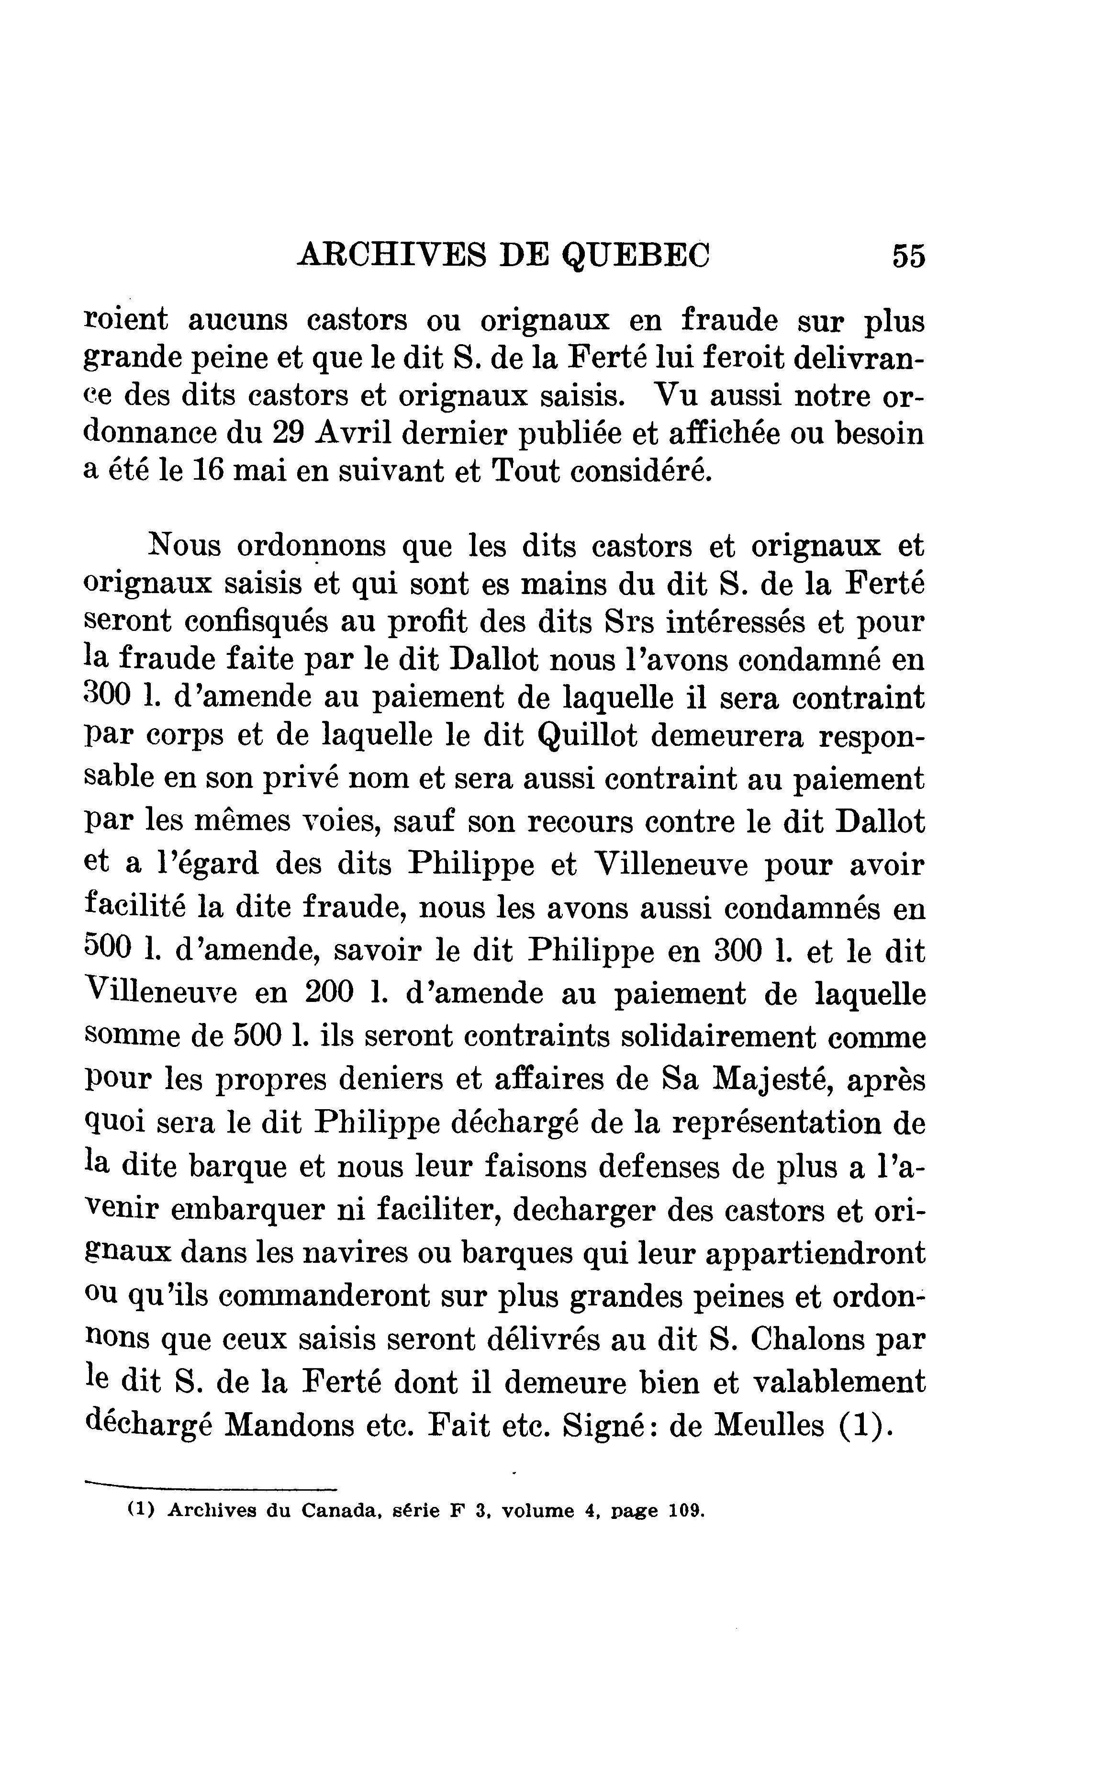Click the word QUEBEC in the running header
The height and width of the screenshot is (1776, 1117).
pos(636,256)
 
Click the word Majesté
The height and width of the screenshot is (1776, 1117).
pos(771,1080)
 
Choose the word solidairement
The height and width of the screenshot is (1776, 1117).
pos(718,1036)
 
